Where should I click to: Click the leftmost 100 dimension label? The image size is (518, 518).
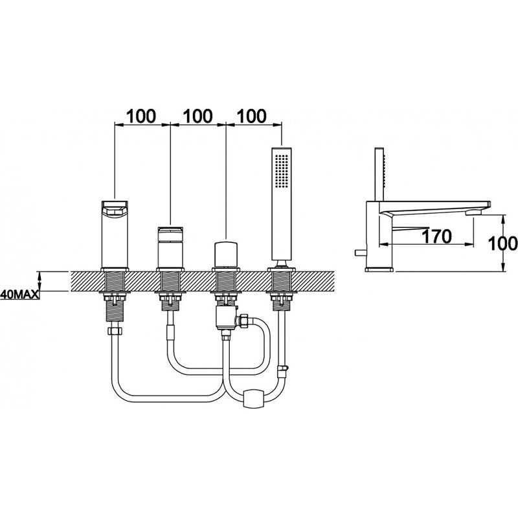[141, 116]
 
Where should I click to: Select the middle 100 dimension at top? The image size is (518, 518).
[197, 116]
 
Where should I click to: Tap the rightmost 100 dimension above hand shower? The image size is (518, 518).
[251, 116]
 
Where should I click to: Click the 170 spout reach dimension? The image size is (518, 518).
[436, 236]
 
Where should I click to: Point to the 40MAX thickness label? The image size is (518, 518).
[19, 294]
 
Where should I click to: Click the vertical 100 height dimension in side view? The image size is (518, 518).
[502, 243]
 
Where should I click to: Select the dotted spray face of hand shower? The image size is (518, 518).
[282, 172]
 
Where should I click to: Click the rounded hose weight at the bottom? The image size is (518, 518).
[253, 398]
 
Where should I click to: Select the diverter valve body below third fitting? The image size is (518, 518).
[225, 318]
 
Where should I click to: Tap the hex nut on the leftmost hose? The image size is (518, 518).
[115, 331]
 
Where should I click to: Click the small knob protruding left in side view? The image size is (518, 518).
[360, 253]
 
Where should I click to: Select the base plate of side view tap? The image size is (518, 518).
[379, 269]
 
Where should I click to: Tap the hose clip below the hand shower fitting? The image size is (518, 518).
[283, 370]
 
